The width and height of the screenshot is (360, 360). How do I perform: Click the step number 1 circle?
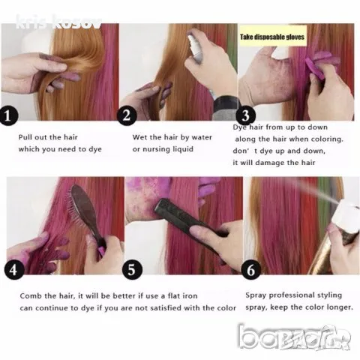(x=9, y=115)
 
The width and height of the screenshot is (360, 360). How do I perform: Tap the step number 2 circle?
(x=127, y=115)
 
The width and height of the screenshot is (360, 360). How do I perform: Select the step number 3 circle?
(x=245, y=115)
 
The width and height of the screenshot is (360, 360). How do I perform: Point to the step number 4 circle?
(x=14, y=270)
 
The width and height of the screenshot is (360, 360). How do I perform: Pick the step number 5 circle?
(x=132, y=270)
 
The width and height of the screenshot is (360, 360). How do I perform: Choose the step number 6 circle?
(x=251, y=270)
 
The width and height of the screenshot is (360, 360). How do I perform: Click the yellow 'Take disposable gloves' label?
(x=272, y=37)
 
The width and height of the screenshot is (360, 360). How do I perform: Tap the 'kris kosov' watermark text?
(x=58, y=22)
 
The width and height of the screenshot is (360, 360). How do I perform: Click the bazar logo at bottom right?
(x=295, y=337)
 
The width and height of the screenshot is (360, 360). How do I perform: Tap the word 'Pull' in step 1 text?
(x=25, y=137)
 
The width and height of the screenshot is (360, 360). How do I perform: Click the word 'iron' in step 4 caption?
(x=190, y=296)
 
